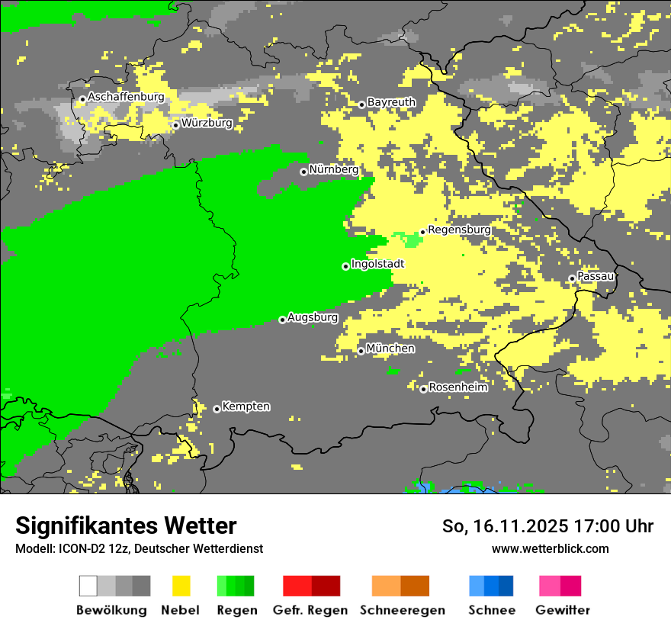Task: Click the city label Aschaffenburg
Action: pyautogui.click(x=126, y=97)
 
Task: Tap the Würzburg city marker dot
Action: pyautogui.click(x=175, y=125)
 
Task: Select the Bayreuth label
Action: pyautogui.click(x=391, y=102)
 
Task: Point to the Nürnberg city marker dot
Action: pyautogui.click(x=303, y=172)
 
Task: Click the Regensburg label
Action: pyautogui.click(x=459, y=230)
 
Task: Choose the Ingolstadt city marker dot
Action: pyautogui.click(x=345, y=266)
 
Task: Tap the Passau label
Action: pyautogui.click(x=596, y=276)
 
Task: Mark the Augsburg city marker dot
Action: pyautogui.click(x=282, y=320)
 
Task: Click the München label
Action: pyautogui.click(x=390, y=349)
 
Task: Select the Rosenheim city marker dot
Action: pyautogui.click(x=423, y=389)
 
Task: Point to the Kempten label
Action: pyautogui.click(x=246, y=406)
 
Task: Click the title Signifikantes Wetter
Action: pyautogui.click(x=126, y=526)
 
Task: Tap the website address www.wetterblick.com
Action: pyautogui.click(x=550, y=548)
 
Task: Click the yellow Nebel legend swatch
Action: pyautogui.click(x=181, y=586)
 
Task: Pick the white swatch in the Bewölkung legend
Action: pyautogui.click(x=88, y=586)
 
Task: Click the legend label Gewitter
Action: pyautogui.click(x=562, y=610)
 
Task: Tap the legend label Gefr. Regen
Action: pyautogui.click(x=310, y=610)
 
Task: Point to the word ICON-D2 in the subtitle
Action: pyautogui.click(x=79, y=548)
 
